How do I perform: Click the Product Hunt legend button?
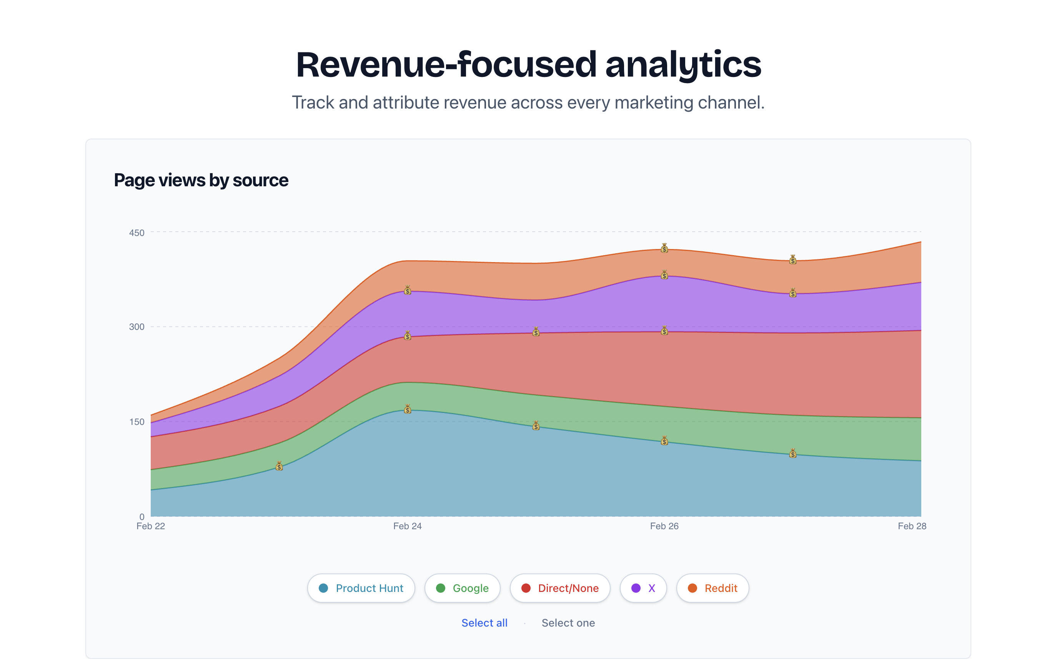click(x=361, y=588)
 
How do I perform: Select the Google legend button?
click(x=462, y=588)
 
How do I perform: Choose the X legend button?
click(x=643, y=588)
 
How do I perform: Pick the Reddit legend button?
click(x=712, y=588)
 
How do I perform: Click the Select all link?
click(x=484, y=623)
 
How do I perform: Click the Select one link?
click(x=568, y=623)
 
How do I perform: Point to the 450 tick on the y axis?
click(x=136, y=232)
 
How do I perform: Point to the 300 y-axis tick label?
click(x=136, y=327)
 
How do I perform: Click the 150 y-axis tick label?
click(x=136, y=422)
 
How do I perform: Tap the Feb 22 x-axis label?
click(x=151, y=526)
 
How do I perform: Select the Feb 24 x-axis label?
click(x=407, y=526)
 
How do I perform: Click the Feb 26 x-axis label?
click(x=664, y=526)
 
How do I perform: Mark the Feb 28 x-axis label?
click(x=912, y=526)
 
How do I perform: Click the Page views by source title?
click(x=201, y=180)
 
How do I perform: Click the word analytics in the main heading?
click(x=683, y=65)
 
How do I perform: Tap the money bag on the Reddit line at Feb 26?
click(x=664, y=248)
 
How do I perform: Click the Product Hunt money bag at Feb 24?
click(x=407, y=409)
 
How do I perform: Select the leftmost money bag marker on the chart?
click(x=279, y=466)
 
